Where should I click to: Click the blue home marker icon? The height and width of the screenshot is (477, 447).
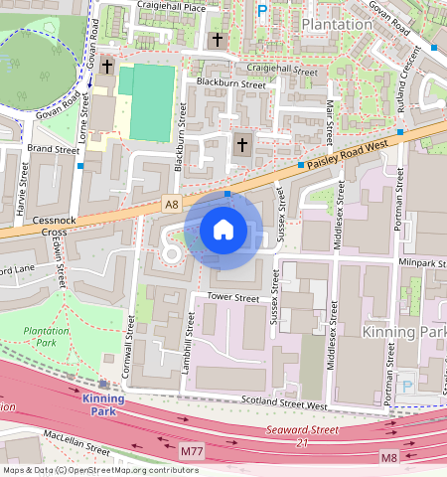223,231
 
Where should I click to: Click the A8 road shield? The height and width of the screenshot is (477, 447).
173,205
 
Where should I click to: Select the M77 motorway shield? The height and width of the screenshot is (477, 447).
193,452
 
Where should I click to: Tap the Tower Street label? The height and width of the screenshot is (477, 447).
231,297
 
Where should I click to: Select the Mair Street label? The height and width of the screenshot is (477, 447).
329,119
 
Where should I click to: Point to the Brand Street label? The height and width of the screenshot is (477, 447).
53,149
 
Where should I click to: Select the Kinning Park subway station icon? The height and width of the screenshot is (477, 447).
103,384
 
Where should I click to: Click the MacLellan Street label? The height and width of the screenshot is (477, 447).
76,442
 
